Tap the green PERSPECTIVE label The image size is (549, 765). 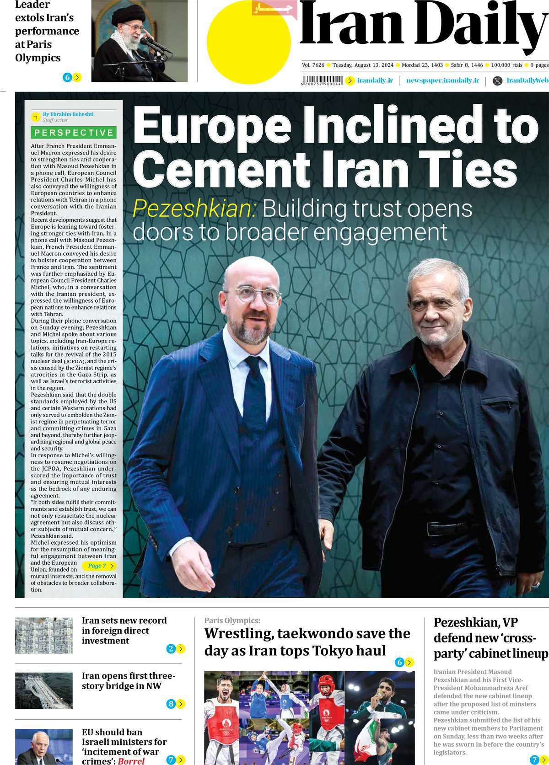[x=74, y=133]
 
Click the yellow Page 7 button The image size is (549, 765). [x=100, y=566]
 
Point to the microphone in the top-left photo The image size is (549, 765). [x=151, y=43]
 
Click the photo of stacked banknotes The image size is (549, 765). [x=44, y=635]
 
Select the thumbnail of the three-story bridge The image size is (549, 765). [x=44, y=690]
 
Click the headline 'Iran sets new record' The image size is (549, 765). [x=124, y=621]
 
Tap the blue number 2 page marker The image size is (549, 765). [x=171, y=648]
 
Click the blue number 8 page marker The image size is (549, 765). [x=171, y=704]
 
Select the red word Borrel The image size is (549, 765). [x=131, y=761]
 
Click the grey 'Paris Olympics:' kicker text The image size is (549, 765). [x=232, y=621]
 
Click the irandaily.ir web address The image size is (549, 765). [x=375, y=80]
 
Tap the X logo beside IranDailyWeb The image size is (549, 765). [x=497, y=81]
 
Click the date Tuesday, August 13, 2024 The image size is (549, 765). [x=363, y=65]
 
